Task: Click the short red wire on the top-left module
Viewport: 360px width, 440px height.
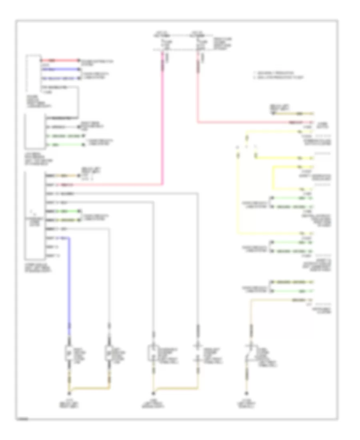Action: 60,60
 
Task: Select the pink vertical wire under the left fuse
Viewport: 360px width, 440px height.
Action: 163,120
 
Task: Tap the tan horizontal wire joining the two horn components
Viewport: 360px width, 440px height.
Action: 90,388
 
